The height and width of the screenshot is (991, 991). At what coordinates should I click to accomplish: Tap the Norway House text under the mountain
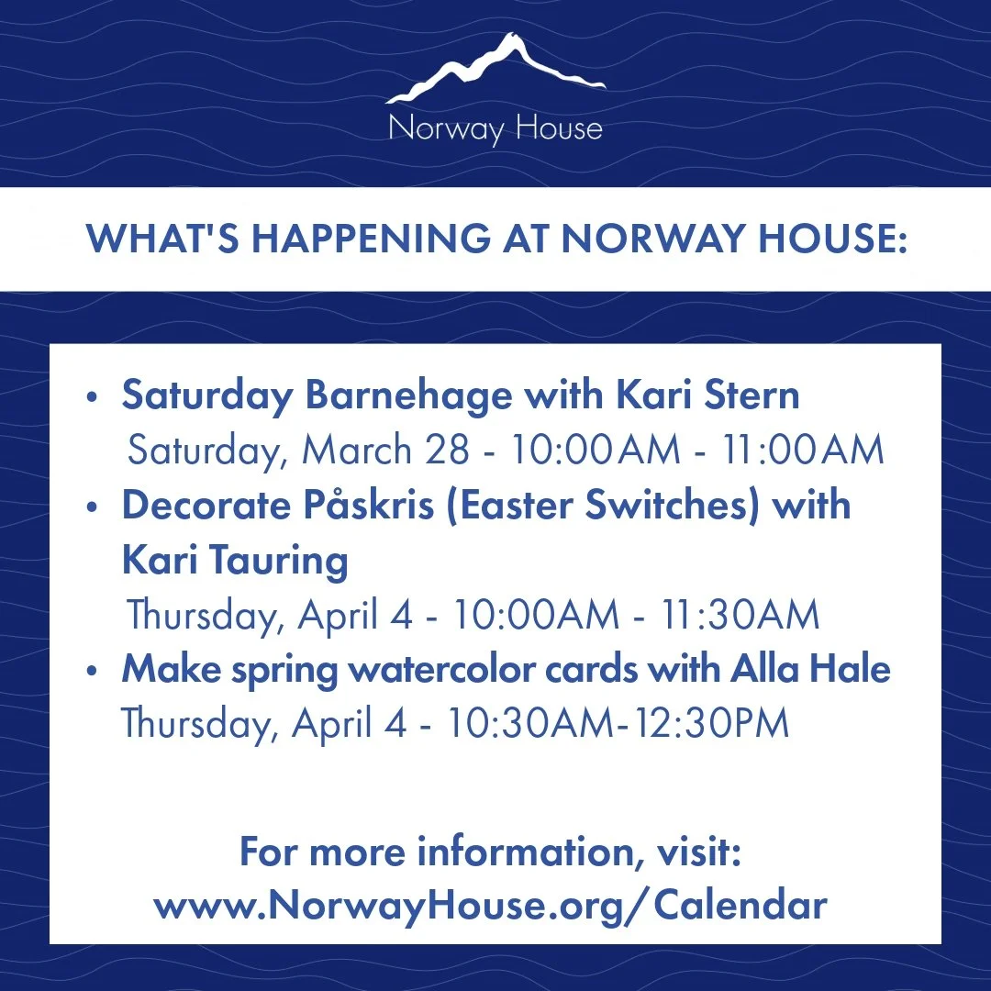[x=495, y=128]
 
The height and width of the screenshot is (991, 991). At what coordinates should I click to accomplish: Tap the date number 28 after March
[x=451, y=451]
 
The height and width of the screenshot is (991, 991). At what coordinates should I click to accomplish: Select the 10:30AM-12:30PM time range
[x=618, y=723]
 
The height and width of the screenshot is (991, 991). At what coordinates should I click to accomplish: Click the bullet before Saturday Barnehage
[x=91, y=398]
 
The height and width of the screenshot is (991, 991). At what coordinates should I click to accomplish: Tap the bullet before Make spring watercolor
[x=91, y=671]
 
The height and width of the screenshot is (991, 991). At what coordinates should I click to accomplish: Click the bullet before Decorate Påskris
[x=91, y=508]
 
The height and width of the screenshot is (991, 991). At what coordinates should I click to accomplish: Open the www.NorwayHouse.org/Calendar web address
[x=490, y=906]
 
